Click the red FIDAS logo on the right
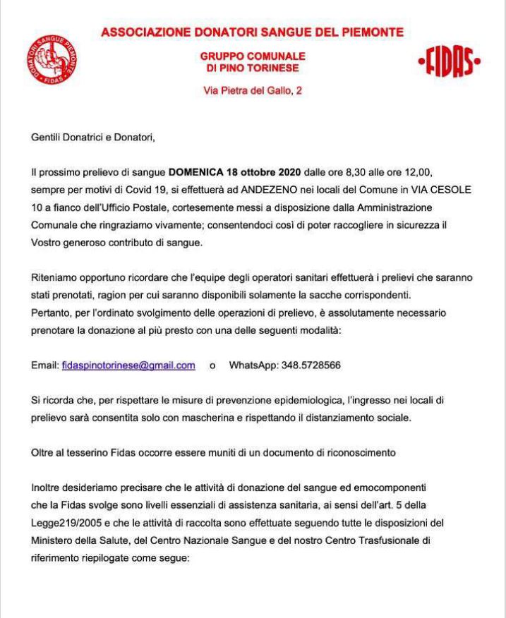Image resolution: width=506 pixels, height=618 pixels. point(450,62)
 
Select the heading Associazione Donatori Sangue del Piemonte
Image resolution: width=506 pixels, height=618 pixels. point(252,32)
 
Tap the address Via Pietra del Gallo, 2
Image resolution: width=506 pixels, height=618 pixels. point(252,90)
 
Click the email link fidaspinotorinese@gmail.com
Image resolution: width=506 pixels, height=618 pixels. point(128,365)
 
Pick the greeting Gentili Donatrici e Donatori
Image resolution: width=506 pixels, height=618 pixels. point(92,138)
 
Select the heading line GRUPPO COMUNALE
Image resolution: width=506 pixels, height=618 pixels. point(252,56)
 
